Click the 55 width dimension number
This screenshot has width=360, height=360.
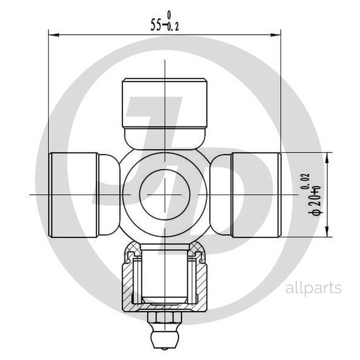[x=156, y=25]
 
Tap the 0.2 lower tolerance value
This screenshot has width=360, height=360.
[x=173, y=27]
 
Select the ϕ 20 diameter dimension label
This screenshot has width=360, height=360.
[x=317, y=202]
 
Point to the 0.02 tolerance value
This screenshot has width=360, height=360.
[x=307, y=181]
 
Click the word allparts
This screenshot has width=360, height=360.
[x=313, y=288]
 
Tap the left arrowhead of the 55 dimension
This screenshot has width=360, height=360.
[x=54, y=35]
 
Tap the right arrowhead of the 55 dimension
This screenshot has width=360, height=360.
[x=275, y=35]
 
